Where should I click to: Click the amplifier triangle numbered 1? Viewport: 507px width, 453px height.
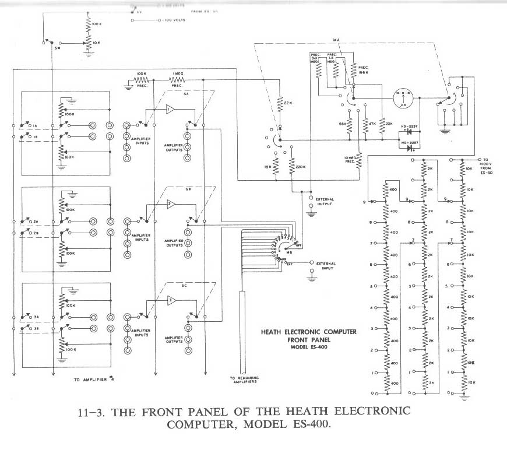click(x=169, y=109)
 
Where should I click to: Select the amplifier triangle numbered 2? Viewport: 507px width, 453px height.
click(x=169, y=204)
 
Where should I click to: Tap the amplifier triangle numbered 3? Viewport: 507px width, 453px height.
click(x=169, y=300)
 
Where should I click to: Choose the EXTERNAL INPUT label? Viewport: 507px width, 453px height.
click(x=325, y=265)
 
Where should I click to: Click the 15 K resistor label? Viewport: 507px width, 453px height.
click(x=267, y=167)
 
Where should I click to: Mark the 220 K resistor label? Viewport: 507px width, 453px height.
click(x=301, y=167)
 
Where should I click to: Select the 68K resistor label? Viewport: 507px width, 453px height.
click(x=343, y=124)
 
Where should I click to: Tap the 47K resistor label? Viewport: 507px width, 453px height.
click(x=372, y=124)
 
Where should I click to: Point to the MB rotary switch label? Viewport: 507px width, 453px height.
click(x=288, y=254)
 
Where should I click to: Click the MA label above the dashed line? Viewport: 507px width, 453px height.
click(x=336, y=40)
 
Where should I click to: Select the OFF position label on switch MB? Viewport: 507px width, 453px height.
click(x=298, y=245)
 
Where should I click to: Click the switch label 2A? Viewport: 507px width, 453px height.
click(x=36, y=222)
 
